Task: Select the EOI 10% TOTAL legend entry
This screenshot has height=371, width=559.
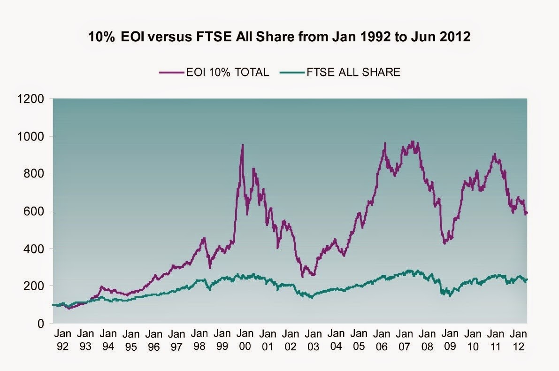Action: click(214, 72)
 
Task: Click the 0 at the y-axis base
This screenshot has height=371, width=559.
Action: click(41, 324)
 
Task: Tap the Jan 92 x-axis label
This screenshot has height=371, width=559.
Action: click(62, 340)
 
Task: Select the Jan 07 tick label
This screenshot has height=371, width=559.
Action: click(405, 340)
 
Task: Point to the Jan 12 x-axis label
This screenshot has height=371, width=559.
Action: click(519, 340)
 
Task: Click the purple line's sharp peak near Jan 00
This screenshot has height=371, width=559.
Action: click(242, 145)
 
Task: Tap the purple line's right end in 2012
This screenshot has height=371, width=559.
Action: click(527, 213)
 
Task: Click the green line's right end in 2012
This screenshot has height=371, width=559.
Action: click(527, 279)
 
